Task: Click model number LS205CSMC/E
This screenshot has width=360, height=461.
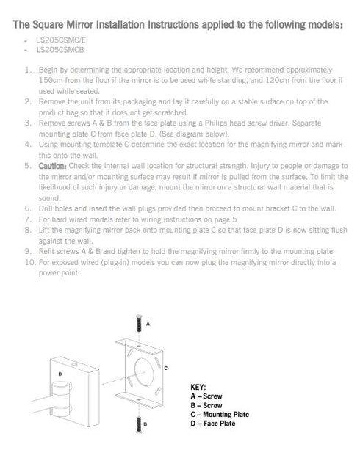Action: (x=61, y=40)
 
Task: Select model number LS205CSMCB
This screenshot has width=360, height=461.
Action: (x=60, y=50)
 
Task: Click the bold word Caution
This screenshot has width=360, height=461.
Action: (x=53, y=166)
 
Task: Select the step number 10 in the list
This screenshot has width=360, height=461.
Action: (x=30, y=262)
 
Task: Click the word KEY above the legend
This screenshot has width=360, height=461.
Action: (x=198, y=387)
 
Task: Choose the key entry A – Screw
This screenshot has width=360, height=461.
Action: (x=206, y=396)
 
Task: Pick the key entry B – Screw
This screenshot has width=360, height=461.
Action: (x=206, y=405)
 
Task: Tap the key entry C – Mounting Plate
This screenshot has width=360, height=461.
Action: (x=220, y=415)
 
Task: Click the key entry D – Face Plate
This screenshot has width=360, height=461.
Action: (x=213, y=424)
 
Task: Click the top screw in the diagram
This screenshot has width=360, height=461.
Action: (x=139, y=323)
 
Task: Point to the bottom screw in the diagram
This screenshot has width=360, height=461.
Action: (x=139, y=424)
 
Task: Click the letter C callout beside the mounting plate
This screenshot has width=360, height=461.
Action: (x=166, y=368)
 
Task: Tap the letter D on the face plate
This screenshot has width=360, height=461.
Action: (x=60, y=374)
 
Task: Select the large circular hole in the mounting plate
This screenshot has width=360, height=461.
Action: (x=144, y=372)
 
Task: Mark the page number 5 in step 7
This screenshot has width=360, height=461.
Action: (x=234, y=219)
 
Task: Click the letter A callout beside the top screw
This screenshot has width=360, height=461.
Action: (x=148, y=324)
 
